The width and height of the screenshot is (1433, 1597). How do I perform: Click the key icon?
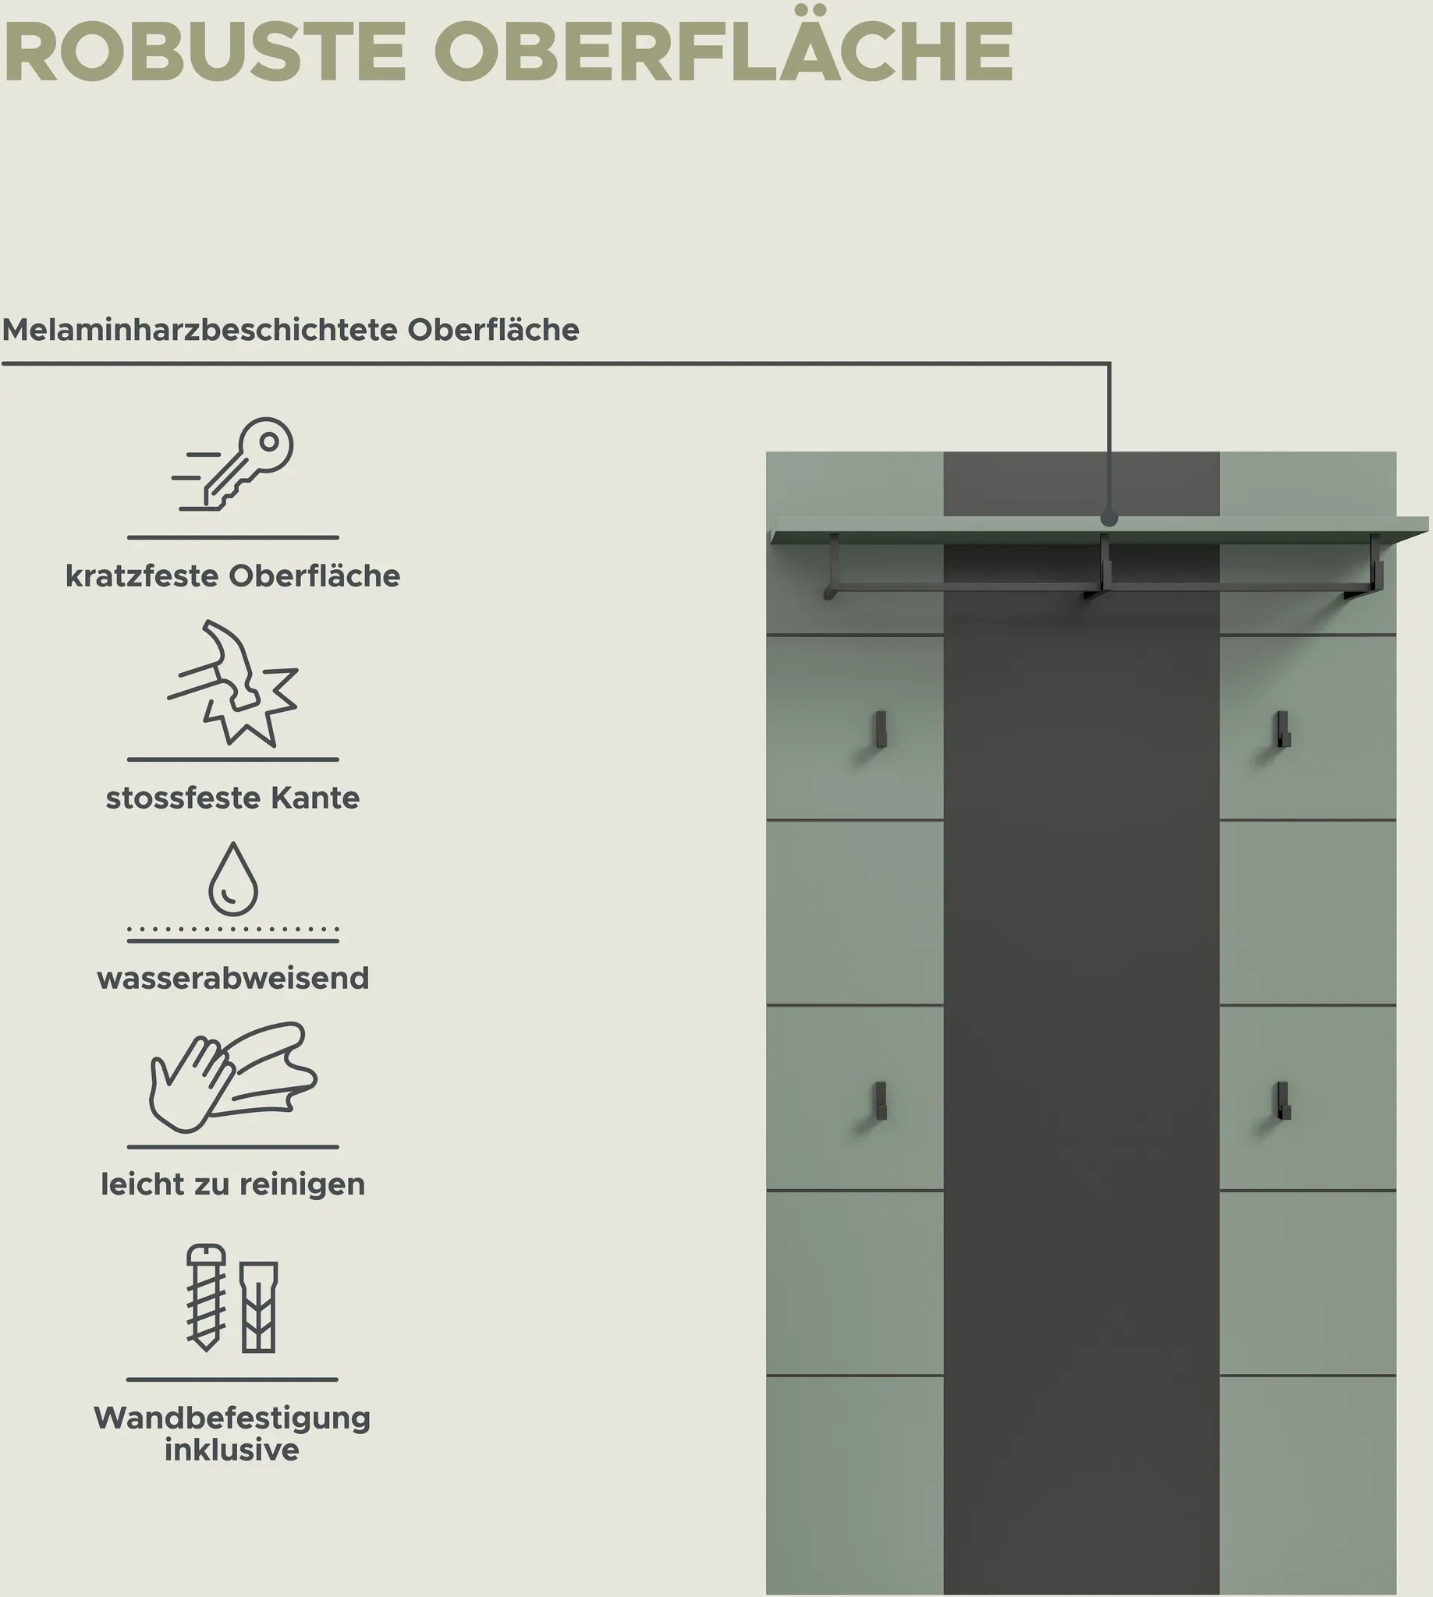coord(233,465)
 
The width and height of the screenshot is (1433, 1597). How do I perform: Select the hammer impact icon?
coord(233,683)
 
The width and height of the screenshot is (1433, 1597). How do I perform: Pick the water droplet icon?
coord(233,879)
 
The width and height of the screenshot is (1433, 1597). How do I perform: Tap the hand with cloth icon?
coord(233,1078)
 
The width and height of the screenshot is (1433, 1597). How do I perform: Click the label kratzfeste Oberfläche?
coord(233,576)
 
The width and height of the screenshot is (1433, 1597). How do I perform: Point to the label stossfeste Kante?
coord(233,798)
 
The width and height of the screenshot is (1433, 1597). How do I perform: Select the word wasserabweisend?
coord(233,979)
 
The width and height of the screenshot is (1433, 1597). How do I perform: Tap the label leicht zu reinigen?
coord(233,1184)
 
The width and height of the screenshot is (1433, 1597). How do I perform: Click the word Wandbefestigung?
coord(232,1419)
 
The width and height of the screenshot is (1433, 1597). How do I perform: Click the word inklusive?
coord(232,1450)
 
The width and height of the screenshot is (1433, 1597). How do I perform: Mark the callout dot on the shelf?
coord(1109,519)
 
